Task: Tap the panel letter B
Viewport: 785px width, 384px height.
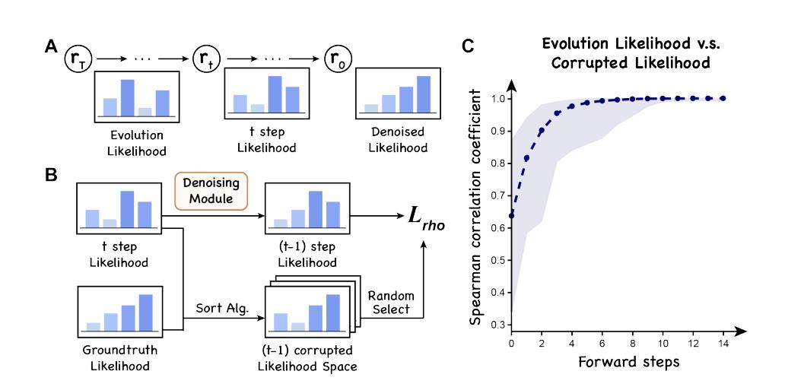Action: click(x=49, y=173)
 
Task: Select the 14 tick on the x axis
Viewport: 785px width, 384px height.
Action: click(x=723, y=343)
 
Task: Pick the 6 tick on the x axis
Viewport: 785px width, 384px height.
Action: click(x=602, y=343)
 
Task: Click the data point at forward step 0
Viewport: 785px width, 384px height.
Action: click(x=511, y=215)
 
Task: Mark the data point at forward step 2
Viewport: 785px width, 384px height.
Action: click(x=542, y=131)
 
